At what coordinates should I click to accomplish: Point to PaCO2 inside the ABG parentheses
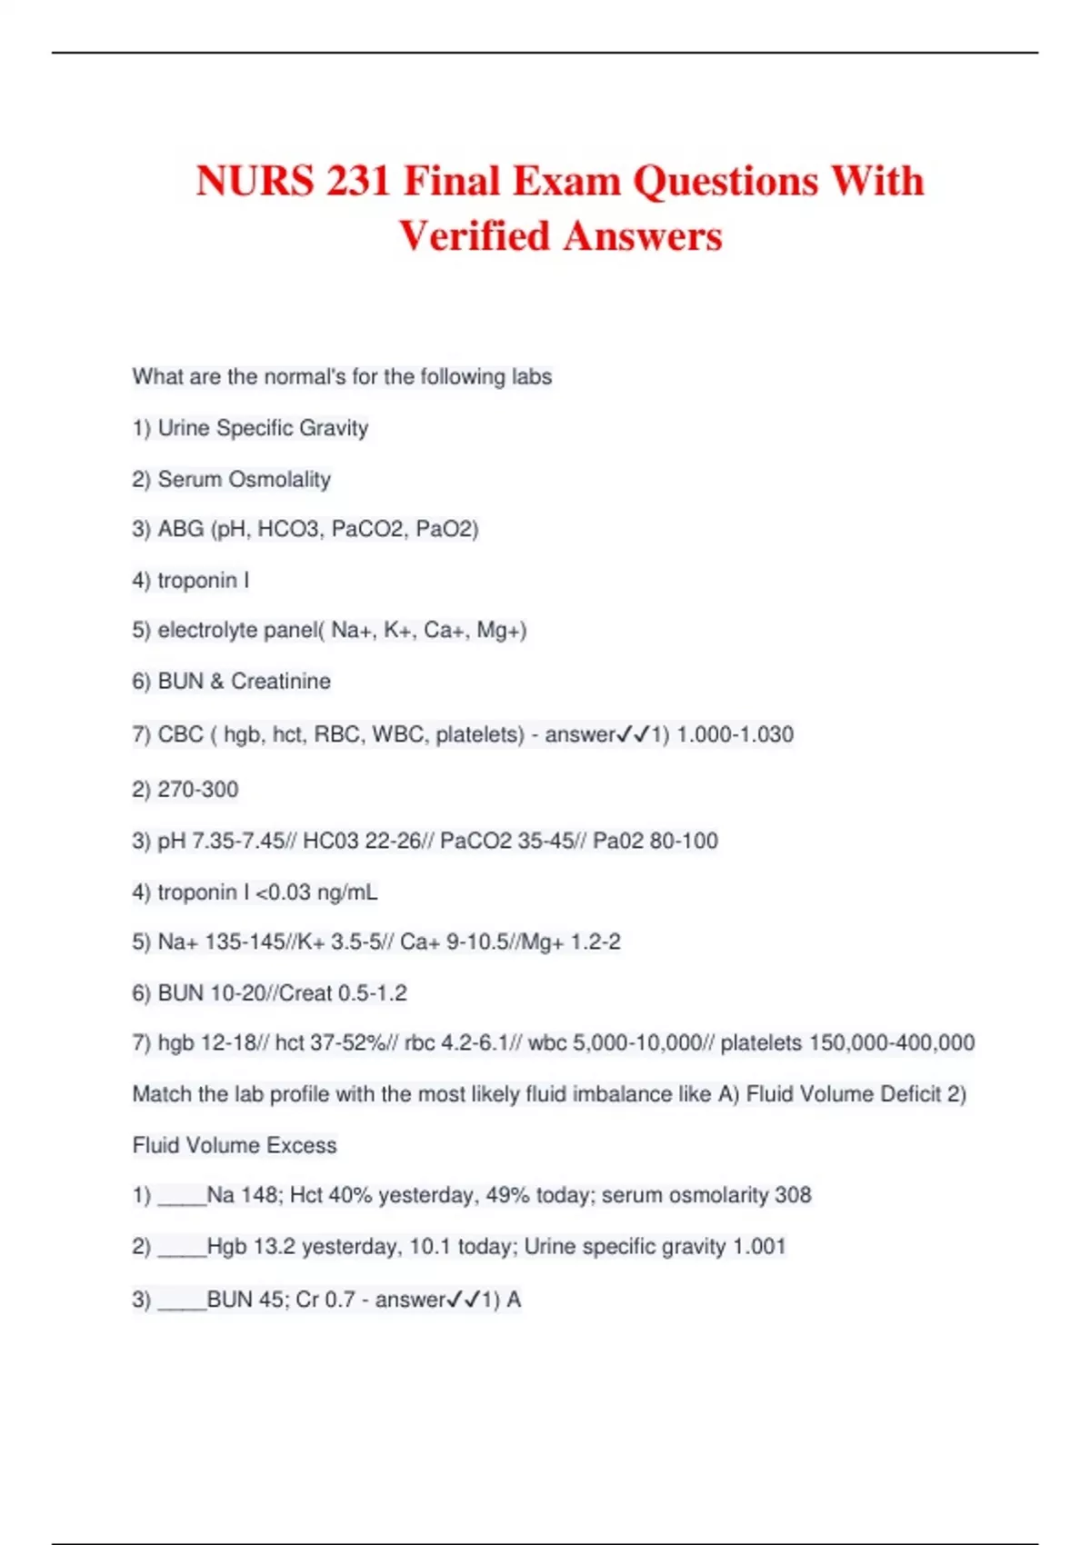click(x=367, y=529)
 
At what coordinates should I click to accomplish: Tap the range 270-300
click(x=197, y=789)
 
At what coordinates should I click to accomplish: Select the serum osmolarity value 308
click(x=792, y=1195)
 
